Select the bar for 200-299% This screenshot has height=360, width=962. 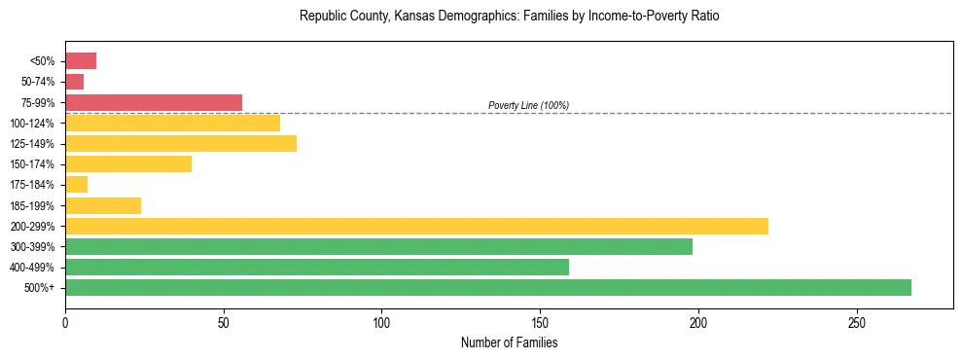(416, 226)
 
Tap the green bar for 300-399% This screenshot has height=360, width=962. (378, 246)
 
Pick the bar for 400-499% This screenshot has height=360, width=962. (317, 267)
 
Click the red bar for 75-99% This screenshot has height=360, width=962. (154, 102)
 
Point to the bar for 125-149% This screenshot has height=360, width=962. (181, 143)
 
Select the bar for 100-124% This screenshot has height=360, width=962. (172, 123)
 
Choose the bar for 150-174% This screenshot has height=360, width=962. (128, 163)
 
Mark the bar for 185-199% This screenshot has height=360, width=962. (103, 205)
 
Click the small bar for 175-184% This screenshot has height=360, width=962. (76, 184)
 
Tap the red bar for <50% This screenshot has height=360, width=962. (81, 61)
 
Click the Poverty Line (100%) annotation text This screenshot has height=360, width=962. (528, 105)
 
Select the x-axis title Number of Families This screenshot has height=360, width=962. (509, 342)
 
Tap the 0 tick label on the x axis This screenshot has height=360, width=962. (65, 322)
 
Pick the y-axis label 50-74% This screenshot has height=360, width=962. (38, 82)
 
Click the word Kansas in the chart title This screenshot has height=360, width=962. (419, 17)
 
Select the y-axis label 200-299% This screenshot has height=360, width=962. (33, 226)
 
